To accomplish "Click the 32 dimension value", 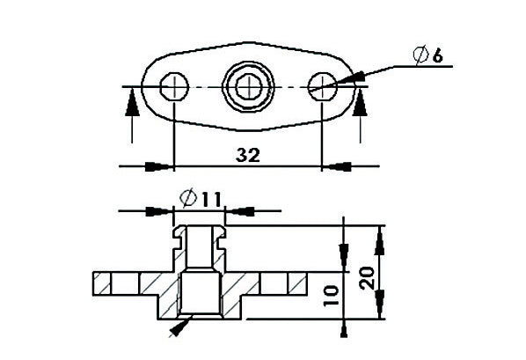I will (x=249, y=156).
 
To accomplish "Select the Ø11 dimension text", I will (x=199, y=199).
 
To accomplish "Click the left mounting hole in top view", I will (x=176, y=86).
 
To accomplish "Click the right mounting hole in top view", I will (x=323, y=86).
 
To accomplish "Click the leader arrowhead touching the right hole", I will (x=344, y=82).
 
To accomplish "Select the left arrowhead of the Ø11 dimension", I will (x=160, y=211).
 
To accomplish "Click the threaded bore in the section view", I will (x=200, y=295).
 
